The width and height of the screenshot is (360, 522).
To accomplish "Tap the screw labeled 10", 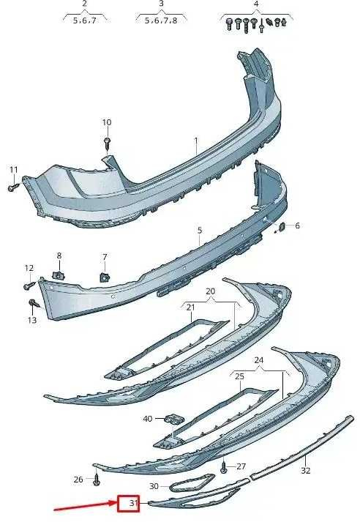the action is (107, 143).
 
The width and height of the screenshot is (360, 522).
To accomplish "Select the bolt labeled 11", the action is (14, 187).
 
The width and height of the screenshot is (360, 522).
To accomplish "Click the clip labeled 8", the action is (59, 275).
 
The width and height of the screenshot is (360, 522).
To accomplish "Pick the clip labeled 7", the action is (105, 277).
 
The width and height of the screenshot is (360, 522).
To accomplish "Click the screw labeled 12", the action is (29, 286).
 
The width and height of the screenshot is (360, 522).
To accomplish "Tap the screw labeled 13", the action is (34, 303).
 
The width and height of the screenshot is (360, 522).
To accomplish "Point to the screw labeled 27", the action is (224, 468).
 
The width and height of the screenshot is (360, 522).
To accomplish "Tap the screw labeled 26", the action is (97, 480).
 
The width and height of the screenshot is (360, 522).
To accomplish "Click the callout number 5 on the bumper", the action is (200, 230).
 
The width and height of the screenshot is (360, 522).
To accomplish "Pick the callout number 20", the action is (210, 291).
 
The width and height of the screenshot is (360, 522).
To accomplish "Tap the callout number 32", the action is (305, 470).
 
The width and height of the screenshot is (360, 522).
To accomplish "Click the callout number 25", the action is (239, 376).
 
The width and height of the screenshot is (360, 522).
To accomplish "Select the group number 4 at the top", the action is (256, 4).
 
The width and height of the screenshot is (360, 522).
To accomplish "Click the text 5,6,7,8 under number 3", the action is (161, 20).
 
